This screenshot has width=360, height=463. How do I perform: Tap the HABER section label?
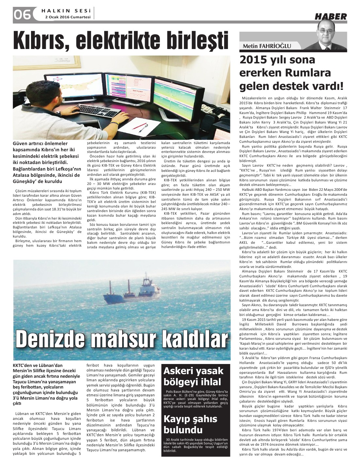tap(330, 16)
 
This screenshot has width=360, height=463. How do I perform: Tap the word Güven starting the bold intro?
tap(20, 144)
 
